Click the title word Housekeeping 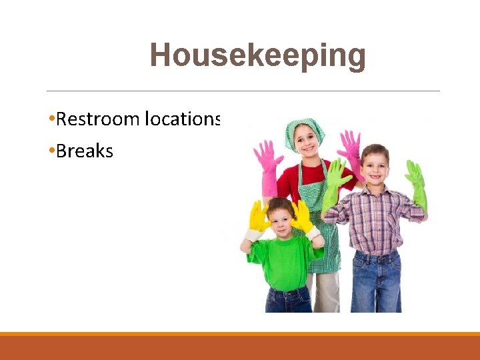point(258,55)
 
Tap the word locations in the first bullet point(183,119)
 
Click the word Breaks point(85,151)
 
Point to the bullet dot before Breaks point(51,151)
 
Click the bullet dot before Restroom point(51,119)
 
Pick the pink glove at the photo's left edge point(267,163)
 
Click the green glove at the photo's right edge point(417,183)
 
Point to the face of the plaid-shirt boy point(374,167)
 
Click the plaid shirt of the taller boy point(376,220)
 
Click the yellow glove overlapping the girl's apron point(302,217)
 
